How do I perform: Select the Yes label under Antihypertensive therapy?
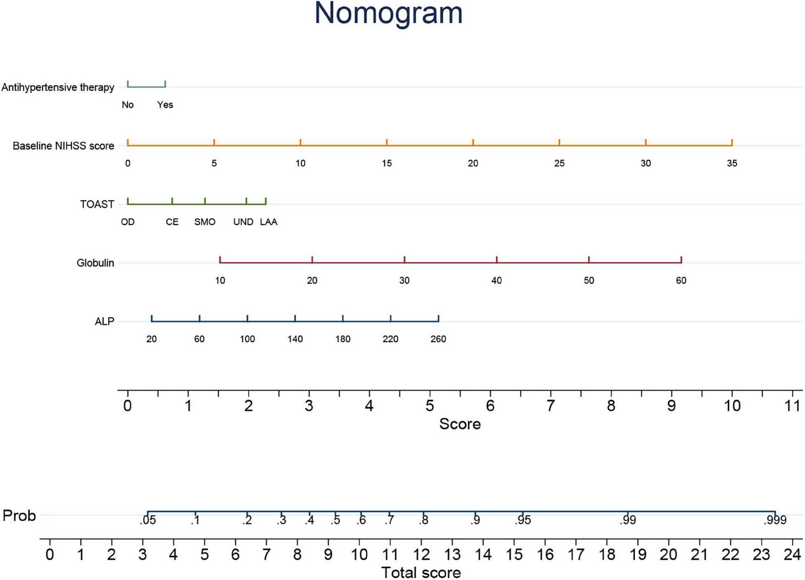point(165,105)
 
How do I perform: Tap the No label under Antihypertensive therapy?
point(128,105)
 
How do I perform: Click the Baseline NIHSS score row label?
point(63,146)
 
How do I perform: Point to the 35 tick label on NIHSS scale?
point(731,163)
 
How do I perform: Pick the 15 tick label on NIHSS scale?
point(387,163)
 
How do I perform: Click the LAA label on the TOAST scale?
point(268,222)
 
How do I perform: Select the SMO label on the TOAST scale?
point(205,222)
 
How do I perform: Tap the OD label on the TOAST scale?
point(128,222)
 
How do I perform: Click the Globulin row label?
point(95,263)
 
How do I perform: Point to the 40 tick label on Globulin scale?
point(497,281)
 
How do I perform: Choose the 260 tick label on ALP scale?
point(438,339)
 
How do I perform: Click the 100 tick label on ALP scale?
point(247,339)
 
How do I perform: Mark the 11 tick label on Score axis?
point(792,406)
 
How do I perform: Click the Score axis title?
point(459,424)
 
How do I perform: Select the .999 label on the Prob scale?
point(775,521)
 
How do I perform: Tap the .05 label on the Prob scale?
point(148,521)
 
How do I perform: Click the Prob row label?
point(19,516)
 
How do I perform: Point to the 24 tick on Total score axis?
point(792,555)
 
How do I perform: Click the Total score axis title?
point(421,572)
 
